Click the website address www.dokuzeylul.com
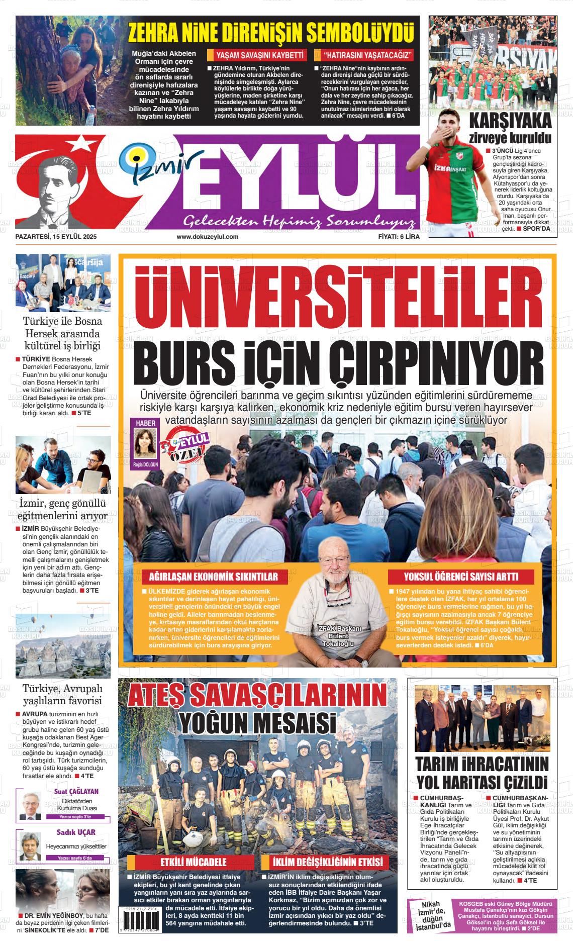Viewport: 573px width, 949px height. pyautogui.click(x=207, y=236)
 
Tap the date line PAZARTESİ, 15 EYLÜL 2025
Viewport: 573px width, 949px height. pyautogui.click(x=56, y=236)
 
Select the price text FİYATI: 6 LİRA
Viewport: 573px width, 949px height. pyautogui.click(x=399, y=236)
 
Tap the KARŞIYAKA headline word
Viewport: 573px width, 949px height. pyautogui.click(x=510, y=122)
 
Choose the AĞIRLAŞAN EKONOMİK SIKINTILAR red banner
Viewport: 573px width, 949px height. pyautogui.click(x=210, y=577)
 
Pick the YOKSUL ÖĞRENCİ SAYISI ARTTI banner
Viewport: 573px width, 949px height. pyautogui.click(x=461, y=577)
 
